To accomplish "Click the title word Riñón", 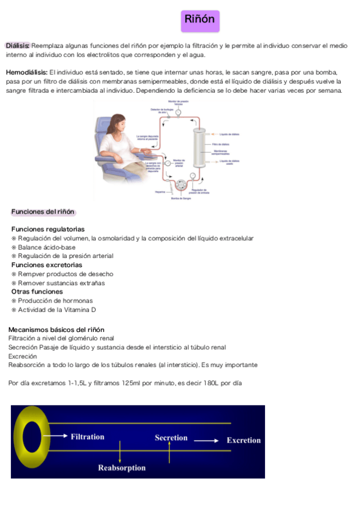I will coord(201,20).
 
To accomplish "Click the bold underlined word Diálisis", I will coord(18,46).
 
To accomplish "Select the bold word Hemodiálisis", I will coord(26,73).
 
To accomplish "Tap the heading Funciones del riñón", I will coord(42,212).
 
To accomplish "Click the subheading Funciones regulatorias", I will coord(48,229).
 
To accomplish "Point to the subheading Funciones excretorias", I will coord(47,265).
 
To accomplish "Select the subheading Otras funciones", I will coord(37,292).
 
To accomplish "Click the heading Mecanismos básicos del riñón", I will coord(56,330).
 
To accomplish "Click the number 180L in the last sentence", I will coord(210,382).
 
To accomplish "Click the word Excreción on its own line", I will coord(22,356).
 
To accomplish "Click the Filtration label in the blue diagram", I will coord(88,437).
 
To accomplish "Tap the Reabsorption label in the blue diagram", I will coord(122,467).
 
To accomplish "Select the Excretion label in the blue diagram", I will coord(243,440).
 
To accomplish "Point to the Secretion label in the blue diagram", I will coord(171,438).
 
